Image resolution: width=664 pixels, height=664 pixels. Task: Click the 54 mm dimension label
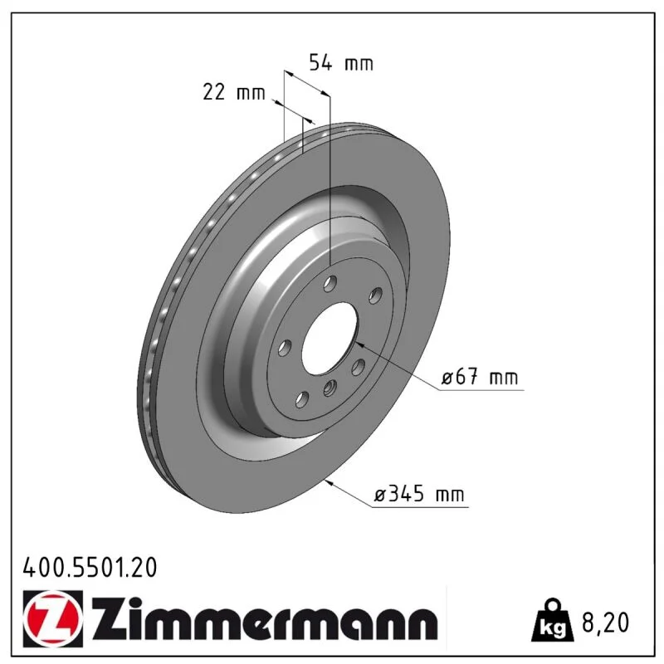pyautogui.click(x=341, y=63)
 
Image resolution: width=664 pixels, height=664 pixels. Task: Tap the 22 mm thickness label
pyautogui.click(x=234, y=92)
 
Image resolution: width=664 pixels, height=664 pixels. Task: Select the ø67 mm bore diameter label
pyautogui.click(x=480, y=377)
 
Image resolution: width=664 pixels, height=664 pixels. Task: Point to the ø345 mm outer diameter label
pyautogui.click(x=419, y=493)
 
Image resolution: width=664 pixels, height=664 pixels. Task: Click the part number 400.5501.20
pyautogui.click(x=90, y=568)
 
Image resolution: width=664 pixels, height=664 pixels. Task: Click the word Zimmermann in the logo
pyautogui.click(x=264, y=619)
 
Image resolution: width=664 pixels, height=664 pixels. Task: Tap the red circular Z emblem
pyautogui.click(x=53, y=618)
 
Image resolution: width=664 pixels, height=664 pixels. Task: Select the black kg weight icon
pyautogui.click(x=553, y=620)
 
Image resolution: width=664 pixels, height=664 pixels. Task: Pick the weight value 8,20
pyautogui.click(x=606, y=622)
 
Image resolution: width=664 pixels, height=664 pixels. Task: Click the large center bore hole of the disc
pyautogui.click(x=330, y=339)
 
